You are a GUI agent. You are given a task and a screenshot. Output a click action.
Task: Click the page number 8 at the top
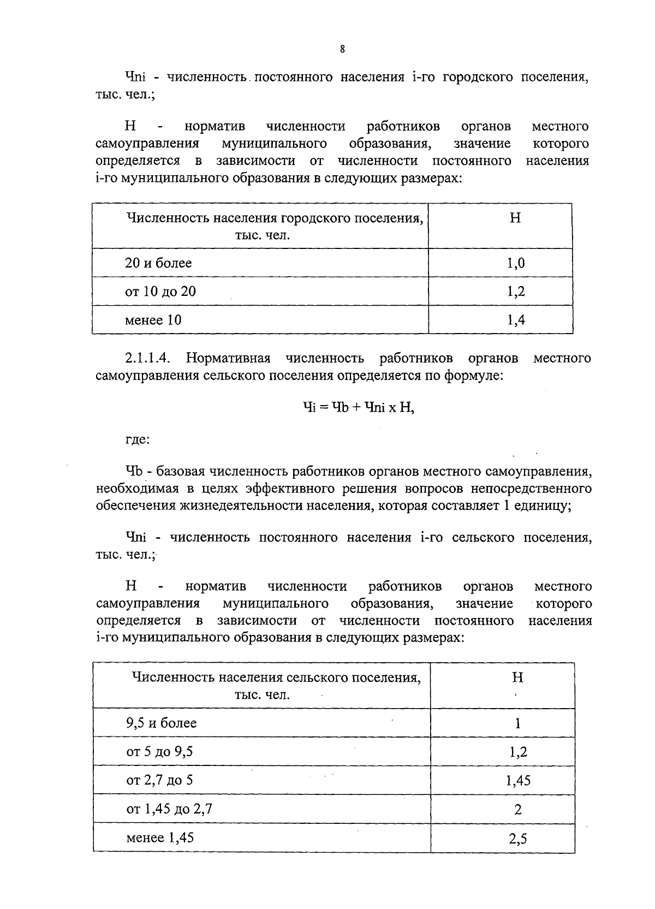click(342, 49)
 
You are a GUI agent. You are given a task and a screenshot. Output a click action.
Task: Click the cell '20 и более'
click(158, 263)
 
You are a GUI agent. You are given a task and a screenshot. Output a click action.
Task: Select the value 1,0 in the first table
click(516, 263)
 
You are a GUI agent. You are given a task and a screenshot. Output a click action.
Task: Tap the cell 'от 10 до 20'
click(160, 292)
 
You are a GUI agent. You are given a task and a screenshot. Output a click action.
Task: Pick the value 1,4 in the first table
click(516, 320)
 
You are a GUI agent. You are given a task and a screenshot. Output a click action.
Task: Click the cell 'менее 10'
click(153, 320)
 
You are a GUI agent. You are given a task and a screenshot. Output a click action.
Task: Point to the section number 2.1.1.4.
click(148, 359)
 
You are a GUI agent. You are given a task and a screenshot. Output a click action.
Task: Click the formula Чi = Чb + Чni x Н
click(358, 407)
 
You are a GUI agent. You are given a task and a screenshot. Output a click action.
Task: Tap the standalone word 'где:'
click(137, 439)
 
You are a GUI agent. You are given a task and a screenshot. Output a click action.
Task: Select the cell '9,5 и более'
click(161, 723)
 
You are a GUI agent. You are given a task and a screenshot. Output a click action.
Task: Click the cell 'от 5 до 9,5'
click(159, 752)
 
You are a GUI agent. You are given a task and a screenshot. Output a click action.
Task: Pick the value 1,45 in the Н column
click(518, 781)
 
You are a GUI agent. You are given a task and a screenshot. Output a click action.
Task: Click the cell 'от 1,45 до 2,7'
click(169, 809)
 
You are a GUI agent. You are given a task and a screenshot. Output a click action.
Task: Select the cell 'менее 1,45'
click(160, 837)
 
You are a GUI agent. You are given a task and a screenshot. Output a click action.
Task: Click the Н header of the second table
click(517, 678)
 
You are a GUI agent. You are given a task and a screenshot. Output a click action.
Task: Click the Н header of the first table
click(515, 218)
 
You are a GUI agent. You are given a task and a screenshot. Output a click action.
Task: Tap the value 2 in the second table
click(518, 809)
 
